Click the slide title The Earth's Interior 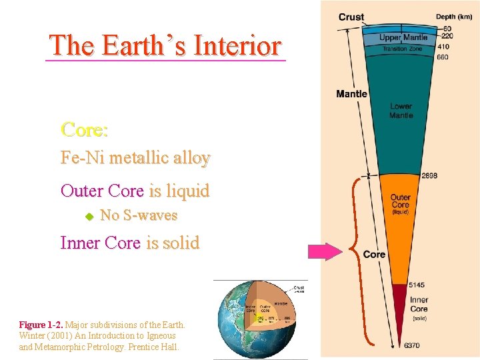(x=165, y=45)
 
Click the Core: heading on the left (x=85, y=129)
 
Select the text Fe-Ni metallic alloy (x=135, y=158)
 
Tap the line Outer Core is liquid (x=135, y=191)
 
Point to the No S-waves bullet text (x=139, y=215)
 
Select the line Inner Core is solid (x=129, y=243)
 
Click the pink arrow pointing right (x=324, y=251)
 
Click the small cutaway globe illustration (x=260, y=319)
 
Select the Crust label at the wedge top (x=351, y=17)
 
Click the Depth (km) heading (x=455, y=17)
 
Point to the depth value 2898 (x=430, y=176)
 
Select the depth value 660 (x=443, y=57)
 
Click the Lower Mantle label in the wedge (x=401, y=111)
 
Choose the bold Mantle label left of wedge (x=351, y=94)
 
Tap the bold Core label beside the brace (x=374, y=255)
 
